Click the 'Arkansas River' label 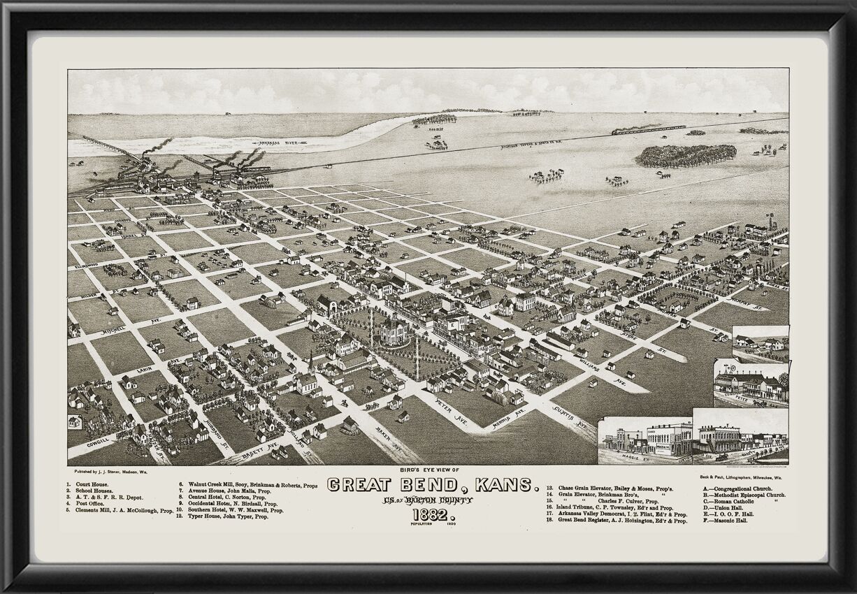point(278,143)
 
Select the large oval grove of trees point(685,155)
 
